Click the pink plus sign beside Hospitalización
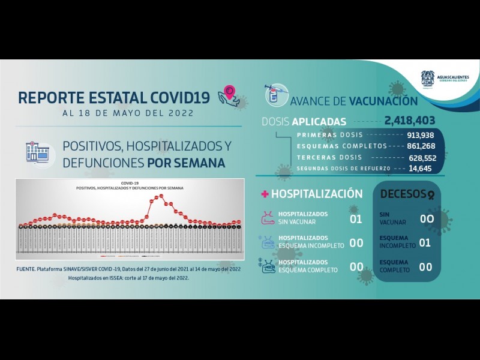[x=264, y=194]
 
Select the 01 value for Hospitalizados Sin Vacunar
[x=356, y=218]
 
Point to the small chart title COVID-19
[x=130, y=184]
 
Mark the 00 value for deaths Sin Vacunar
[x=426, y=218]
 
